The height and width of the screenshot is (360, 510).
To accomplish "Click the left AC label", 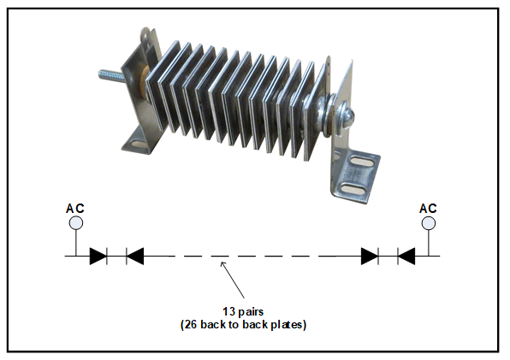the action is pos(75,209).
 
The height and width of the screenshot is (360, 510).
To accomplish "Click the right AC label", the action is pos(428,209).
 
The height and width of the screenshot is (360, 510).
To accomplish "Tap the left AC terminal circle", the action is pos(76,223).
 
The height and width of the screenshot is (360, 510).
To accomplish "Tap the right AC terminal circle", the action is pos(429,223).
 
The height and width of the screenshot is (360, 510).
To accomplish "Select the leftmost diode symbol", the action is pos(98,256).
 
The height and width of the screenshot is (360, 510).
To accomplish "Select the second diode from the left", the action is pos(134,256).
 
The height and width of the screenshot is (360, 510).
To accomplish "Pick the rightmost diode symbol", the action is pos(406,256).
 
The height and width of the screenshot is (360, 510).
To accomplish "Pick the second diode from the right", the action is pos(370,256).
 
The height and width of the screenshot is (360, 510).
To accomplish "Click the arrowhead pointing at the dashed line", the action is pos(222,263).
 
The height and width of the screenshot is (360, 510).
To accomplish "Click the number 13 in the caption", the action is pos(229,311).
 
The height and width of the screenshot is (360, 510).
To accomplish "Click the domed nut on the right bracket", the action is pos(347,115).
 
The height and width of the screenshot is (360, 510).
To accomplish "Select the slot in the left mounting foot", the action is pos(139,143).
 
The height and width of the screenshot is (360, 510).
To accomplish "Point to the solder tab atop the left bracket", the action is pos(146,38).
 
